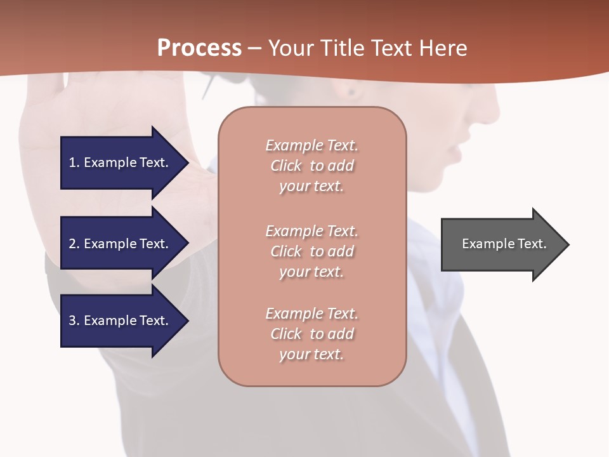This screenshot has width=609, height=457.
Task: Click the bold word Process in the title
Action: tap(199, 48)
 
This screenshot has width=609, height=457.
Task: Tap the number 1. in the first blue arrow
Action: tap(74, 162)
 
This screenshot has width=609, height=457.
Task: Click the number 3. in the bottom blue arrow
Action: tap(74, 321)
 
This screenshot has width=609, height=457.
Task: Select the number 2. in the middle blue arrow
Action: tap(74, 244)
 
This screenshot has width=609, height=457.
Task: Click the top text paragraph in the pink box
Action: tap(311, 166)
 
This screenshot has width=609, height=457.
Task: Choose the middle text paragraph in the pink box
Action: tap(311, 251)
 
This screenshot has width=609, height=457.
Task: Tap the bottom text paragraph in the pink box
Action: tap(311, 334)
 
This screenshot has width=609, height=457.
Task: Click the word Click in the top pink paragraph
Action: tap(285, 166)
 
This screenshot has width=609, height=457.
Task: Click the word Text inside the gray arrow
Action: tap(533, 244)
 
